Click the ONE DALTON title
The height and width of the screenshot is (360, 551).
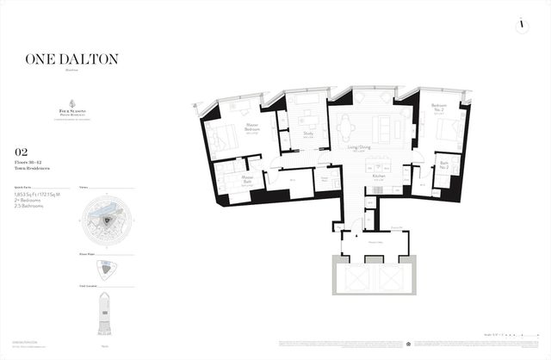coord(72,59)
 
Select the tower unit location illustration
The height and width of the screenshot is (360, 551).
coord(106,314)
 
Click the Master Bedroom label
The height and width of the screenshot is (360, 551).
coord(253,128)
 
